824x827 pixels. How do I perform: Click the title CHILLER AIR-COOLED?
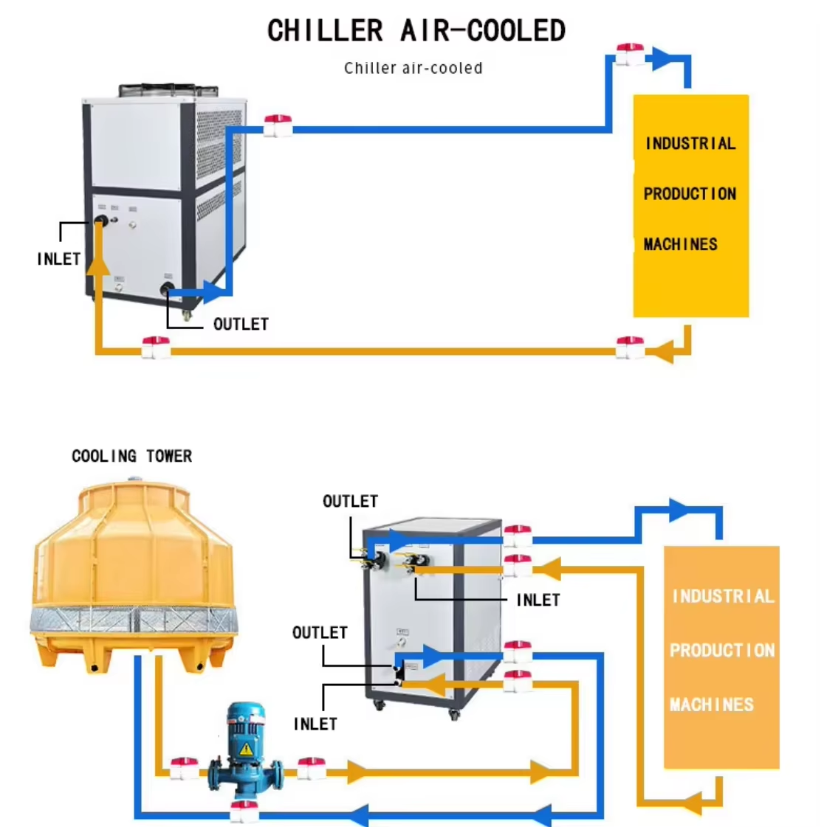[x=416, y=31]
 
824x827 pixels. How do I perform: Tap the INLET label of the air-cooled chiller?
[x=58, y=259]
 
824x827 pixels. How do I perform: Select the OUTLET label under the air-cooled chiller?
[x=241, y=324]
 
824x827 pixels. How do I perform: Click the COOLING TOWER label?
[x=131, y=457]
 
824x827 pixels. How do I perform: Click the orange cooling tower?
[x=133, y=572]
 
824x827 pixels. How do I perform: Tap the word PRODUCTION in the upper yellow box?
[x=690, y=194]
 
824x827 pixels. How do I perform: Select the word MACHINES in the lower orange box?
[x=712, y=705]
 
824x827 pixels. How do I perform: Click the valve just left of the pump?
[x=184, y=768]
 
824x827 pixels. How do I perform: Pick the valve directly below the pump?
[x=244, y=812]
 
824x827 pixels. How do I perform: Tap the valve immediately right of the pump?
[x=312, y=768]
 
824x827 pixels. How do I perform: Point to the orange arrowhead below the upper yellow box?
[x=662, y=352]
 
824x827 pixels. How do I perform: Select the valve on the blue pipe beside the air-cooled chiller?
[x=278, y=126]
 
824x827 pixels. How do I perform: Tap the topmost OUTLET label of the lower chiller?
[x=350, y=502]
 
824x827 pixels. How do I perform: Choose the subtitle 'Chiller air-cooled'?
[x=413, y=69]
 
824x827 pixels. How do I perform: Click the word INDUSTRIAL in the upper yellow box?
[x=690, y=144]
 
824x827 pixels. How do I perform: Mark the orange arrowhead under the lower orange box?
[x=691, y=802]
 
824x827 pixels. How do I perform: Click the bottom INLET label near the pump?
[x=315, y=724]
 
